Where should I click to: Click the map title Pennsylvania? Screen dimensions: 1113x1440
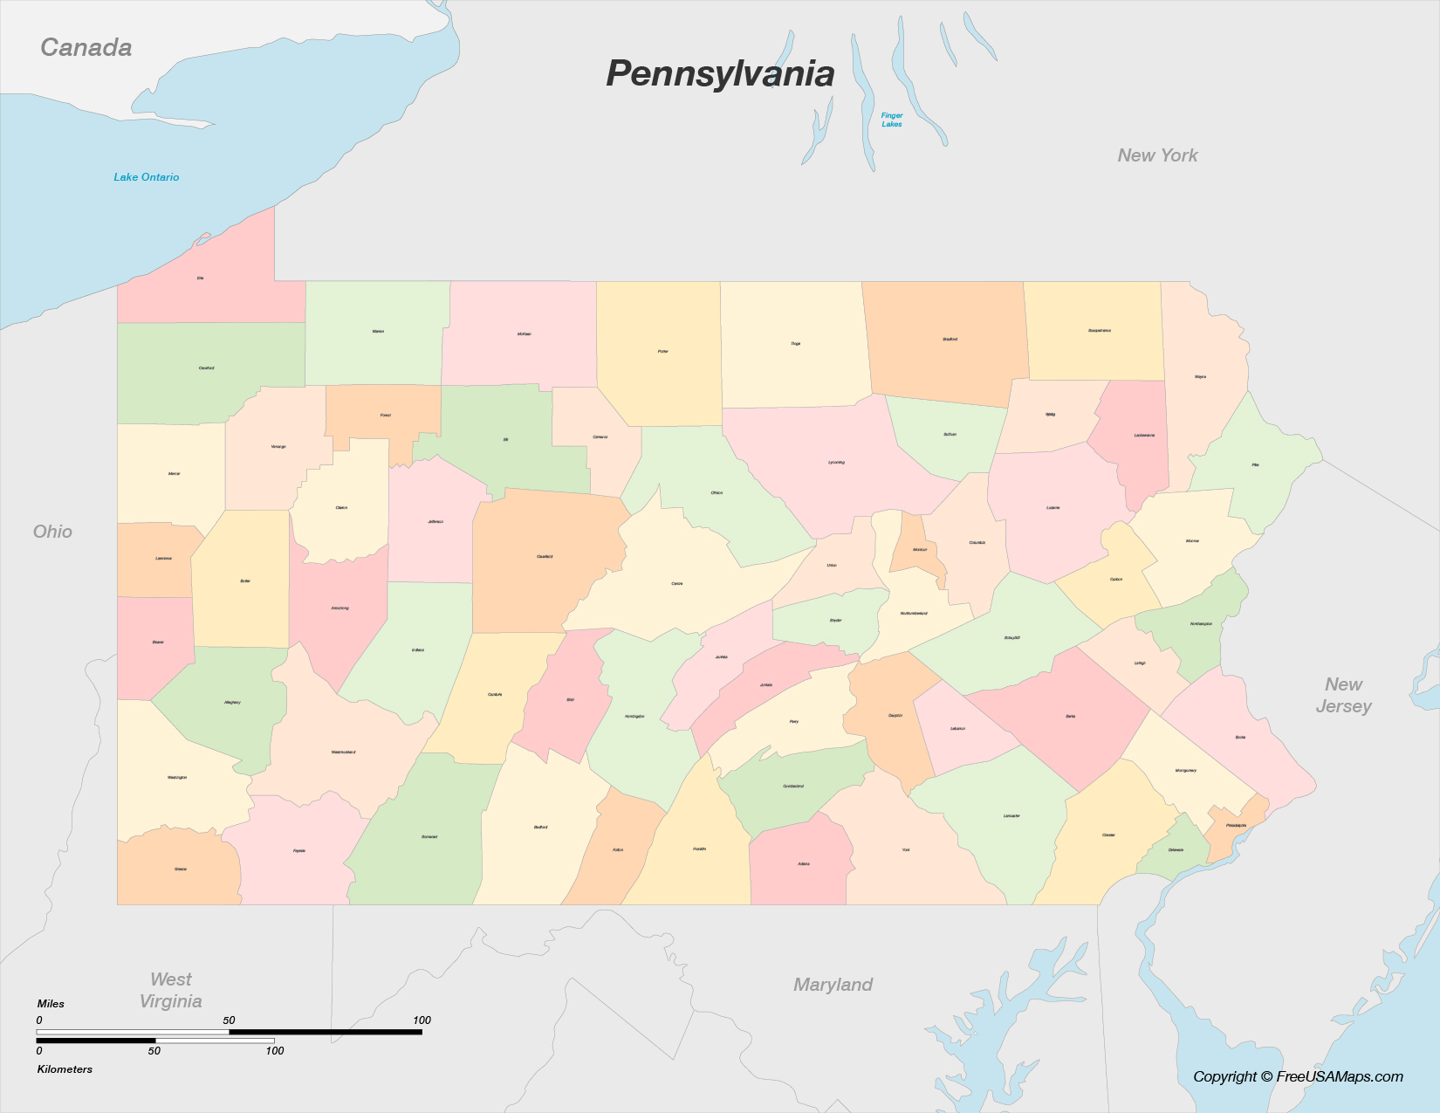tap(720, 74)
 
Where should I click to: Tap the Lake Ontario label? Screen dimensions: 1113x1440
tap(147, 177)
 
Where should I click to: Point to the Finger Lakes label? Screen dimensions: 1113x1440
tap(892, 120)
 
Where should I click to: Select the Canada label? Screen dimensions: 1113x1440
tap(86, 47)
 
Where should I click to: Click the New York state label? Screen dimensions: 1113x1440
tap(1157, 155)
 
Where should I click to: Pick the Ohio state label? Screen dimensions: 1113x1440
tap(52, 532)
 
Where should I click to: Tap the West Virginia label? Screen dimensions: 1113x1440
tap(171, 990)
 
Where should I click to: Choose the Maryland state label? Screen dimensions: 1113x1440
tap(833, 985)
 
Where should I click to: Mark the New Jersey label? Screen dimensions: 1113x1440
tap(1343, 695)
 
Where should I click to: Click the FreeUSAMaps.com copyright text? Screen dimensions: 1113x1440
tap(1298, 1076)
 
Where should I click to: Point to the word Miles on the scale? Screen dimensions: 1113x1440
tap(51, 1004)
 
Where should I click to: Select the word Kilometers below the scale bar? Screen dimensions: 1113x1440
tap(65, 1069)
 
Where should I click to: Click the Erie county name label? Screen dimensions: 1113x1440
tap(200, 278)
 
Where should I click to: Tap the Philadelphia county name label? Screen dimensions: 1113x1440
tap(1236, 825)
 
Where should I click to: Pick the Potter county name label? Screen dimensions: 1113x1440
tap(663, 352)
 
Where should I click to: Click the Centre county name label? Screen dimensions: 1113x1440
tap(677, 583)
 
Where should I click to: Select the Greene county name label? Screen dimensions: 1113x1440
tap(181, 869)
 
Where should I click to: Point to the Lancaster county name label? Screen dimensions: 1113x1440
tap(1011, 816)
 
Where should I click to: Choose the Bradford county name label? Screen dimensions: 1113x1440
tap(950, 339)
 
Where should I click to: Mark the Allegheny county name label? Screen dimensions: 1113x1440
tap(232, 702)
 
